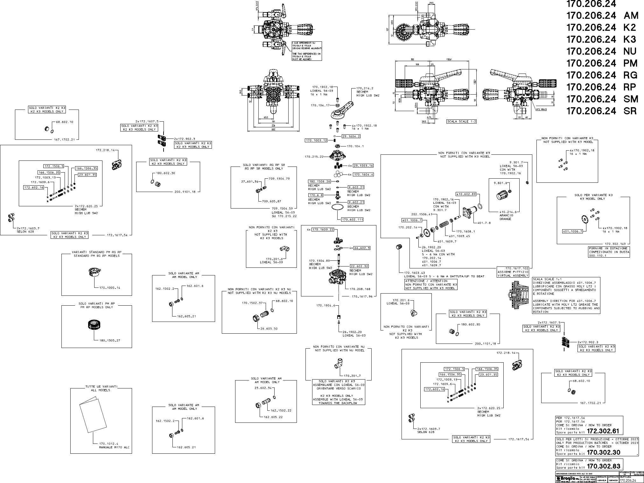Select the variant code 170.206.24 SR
(x=601, y=111)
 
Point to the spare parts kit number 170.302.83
(x=603, y=466)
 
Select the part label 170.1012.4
(x=108, y=444)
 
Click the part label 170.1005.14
(x=110, y=288)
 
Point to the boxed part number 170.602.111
(x=352, y=219)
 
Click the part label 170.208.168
(x=360, y=289)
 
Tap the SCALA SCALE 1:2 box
(x=461, y=121)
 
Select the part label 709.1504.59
(x=282, y=209)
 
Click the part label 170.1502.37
(x=252, y=303)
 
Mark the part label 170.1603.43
(x=414, y=273)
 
